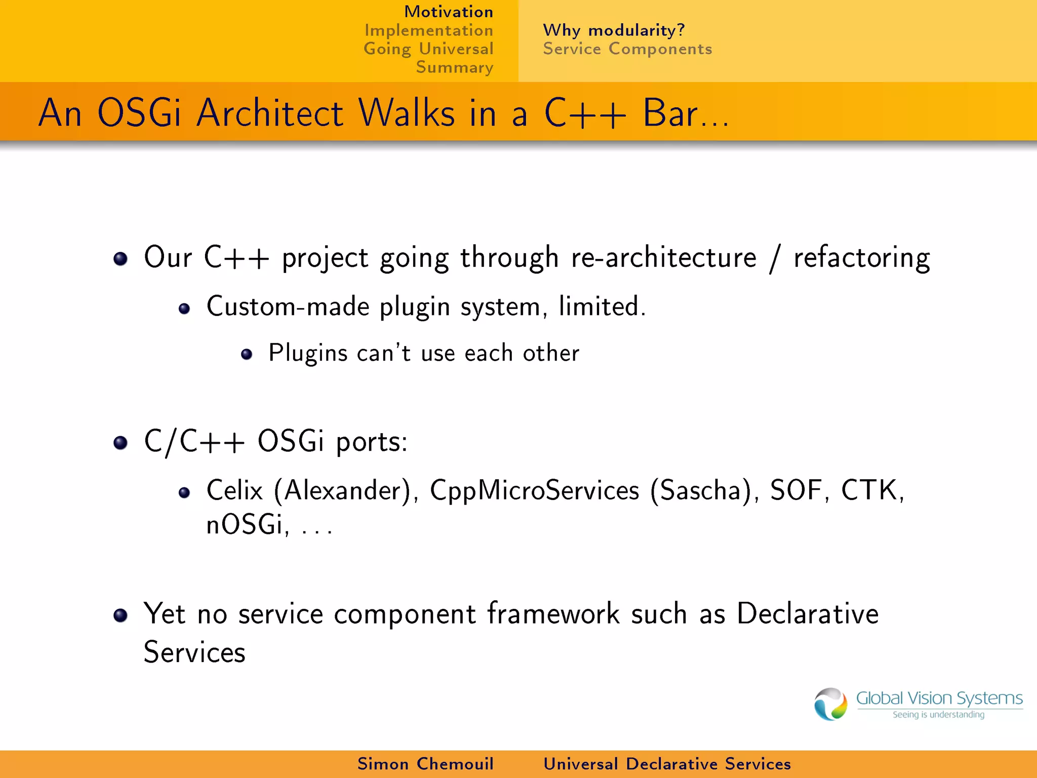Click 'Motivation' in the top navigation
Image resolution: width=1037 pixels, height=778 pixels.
(x=448, y=12)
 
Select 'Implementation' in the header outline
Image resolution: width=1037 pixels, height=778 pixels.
(x=428, y=30)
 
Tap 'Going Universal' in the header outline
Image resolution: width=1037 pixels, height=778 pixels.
(x=428, y=49)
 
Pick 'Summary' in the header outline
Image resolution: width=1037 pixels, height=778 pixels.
(x=454, y=67)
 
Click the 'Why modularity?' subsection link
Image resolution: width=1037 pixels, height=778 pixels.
(x=613, y=30)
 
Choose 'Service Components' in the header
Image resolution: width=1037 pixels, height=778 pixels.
(x=627, y=49)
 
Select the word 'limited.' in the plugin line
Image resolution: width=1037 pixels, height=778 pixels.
(x=602, y=307)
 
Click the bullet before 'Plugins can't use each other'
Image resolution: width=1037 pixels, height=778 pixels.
(x=247, y=354)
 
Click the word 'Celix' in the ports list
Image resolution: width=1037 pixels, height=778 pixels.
(x=234, y=490)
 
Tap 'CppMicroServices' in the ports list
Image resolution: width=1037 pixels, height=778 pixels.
(x=534, y=490)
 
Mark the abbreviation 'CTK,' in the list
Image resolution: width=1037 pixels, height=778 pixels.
(x=872, y=490)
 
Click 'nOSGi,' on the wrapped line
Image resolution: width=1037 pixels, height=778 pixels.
(x=248, y=524)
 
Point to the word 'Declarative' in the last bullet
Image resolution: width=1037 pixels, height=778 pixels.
(x=807, y=614)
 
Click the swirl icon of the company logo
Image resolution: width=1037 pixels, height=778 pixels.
(x=830, y=704)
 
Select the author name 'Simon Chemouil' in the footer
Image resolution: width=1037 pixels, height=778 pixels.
(x=425, y=764)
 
